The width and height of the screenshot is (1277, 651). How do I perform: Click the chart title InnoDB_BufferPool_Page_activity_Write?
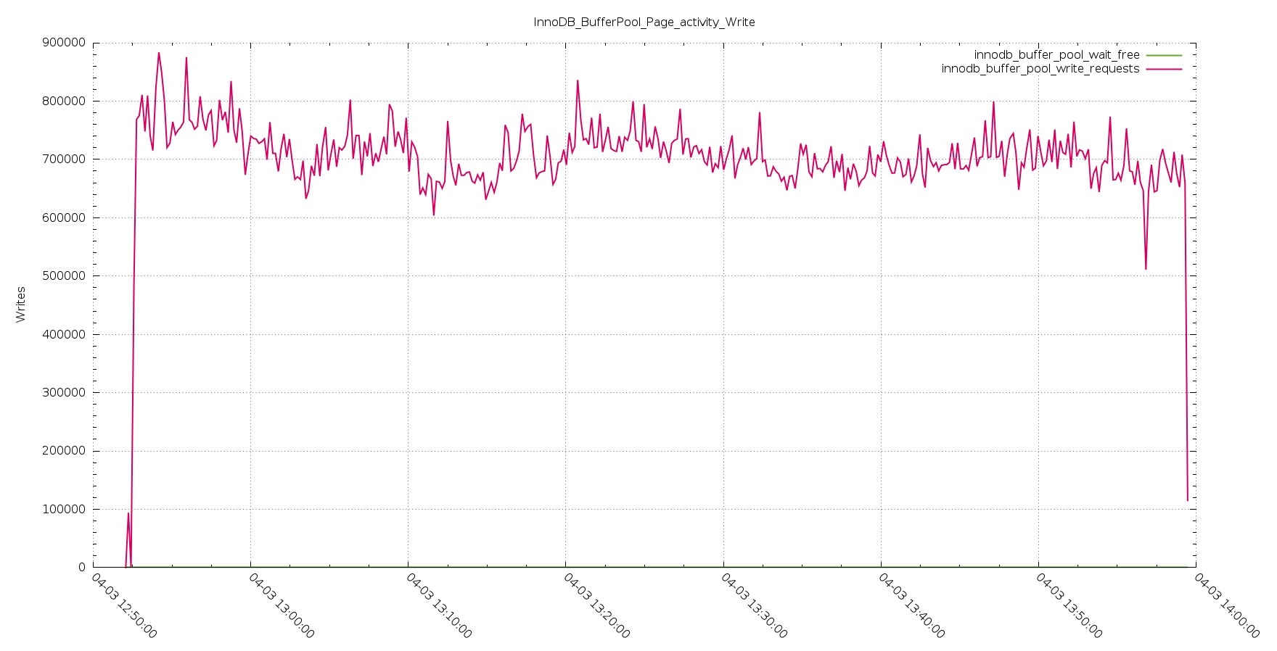(x=644, y=22)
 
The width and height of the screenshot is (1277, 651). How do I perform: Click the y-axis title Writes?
(x=21, y=304)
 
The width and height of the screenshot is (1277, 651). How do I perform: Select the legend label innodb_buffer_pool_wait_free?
(x=1056, y=55)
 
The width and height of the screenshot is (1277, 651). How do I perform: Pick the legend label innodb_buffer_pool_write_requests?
(x=1040, y=69)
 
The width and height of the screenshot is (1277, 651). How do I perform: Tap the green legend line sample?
(x=1164, y=55)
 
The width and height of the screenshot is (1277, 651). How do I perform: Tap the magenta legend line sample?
(x=1164, y=69)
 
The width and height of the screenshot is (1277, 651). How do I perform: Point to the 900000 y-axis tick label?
(x=64, y=43)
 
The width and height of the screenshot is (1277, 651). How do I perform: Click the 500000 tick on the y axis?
(x=64, y=276)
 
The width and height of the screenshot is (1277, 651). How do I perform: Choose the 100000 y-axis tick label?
(x=64, y=509)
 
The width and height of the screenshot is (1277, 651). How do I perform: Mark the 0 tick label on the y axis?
(x=81, y=568)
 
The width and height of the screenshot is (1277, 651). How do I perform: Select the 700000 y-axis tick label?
(x=64, y=159)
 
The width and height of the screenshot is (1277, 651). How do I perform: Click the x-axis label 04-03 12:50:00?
(x=124, y=606)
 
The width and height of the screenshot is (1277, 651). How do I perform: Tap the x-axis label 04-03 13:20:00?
(x=597, y=606)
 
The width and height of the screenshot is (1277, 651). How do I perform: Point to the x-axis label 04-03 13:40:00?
(x=912, y=606)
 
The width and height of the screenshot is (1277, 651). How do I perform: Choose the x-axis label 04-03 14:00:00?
(x=1227, y=606)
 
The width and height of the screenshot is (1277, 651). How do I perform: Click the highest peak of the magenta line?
(x=159, y=52)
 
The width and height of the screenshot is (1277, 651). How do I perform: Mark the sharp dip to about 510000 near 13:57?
(x=1146, y=269)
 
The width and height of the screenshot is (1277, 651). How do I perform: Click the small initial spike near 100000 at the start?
(x=128, y=513)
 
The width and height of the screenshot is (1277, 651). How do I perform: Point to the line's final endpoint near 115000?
(x=1188, y=500)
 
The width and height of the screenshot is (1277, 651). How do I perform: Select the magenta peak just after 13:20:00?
(x=578, y=80)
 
